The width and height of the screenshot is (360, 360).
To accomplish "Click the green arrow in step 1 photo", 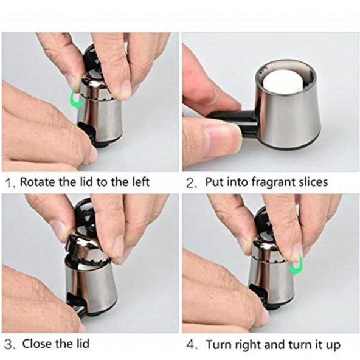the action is click(x=75, y=99).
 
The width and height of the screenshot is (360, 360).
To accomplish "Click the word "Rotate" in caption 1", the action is click(x=38, y=182).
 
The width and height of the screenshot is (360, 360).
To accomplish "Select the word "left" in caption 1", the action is click(x=140, y=182).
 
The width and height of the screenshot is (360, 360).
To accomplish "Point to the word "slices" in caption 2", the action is click(x=313, y=182).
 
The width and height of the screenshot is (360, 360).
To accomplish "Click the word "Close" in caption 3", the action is click(x=38, y=344).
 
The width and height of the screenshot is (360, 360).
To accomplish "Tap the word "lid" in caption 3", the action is click(x=82, y=344).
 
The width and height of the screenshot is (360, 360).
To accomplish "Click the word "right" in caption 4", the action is click(x=249, y=345).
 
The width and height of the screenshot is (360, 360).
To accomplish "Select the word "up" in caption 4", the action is click(x=332, y=346).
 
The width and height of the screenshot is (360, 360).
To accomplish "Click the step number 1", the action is click(x=9, y=183).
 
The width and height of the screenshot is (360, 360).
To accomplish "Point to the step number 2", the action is click(x=190, y=184).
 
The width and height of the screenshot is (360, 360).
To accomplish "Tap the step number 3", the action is click(x=9, y=345).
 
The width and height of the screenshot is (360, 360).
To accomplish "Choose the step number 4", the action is click(x=190, y=345).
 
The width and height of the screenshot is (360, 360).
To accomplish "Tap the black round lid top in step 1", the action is click(x=91, y=60).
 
